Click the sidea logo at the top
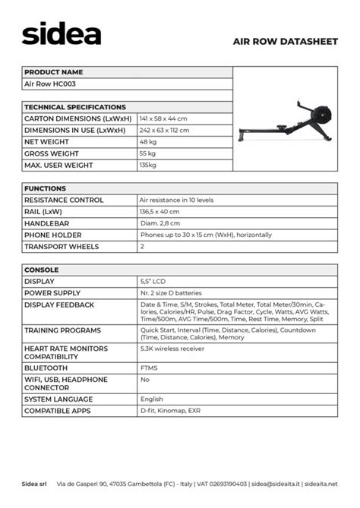[61, 33]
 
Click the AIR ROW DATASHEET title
[285, 42]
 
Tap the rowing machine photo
[285, 122]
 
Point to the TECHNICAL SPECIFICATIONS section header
[75, 107]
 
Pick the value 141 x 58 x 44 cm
[163, 118]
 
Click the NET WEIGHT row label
[47, 142]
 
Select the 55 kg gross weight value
[147, 153]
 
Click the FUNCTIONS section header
[46, 188]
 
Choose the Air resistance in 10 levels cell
[176, 200]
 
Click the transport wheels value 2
[142, 247]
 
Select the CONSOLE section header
[42, 270]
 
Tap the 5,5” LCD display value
[153, 282]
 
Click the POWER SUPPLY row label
[52, 293]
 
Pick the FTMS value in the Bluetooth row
[149, 368]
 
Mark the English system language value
[152, 399]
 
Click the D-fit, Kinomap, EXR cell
[170, 411]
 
